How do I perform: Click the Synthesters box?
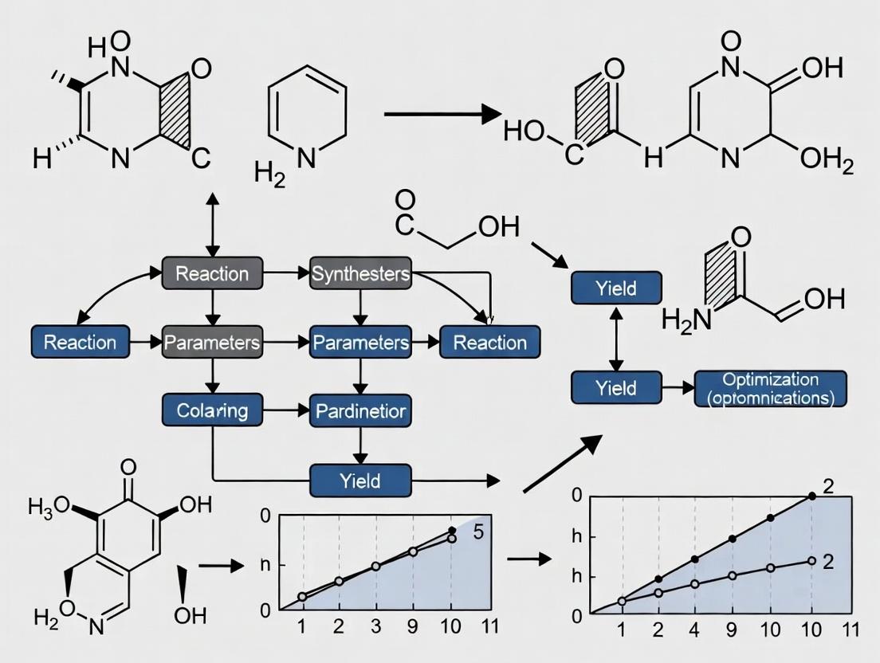[360, 274]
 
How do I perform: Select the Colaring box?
[211, 411]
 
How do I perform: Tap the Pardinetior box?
[360, 411]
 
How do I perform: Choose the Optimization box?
[771, 388]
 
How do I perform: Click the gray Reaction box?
[212, 274]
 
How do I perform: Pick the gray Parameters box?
[212, 343]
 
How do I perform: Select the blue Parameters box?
[360, 343]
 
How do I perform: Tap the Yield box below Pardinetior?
[360, 481]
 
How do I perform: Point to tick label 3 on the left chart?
[375, 626]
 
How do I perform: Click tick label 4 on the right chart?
[694, 630]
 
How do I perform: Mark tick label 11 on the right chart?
[851, 630]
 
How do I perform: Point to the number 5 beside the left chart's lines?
[478, 533]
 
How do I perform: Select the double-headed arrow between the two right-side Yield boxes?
[616, 339]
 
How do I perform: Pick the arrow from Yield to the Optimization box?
[678, 388]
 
